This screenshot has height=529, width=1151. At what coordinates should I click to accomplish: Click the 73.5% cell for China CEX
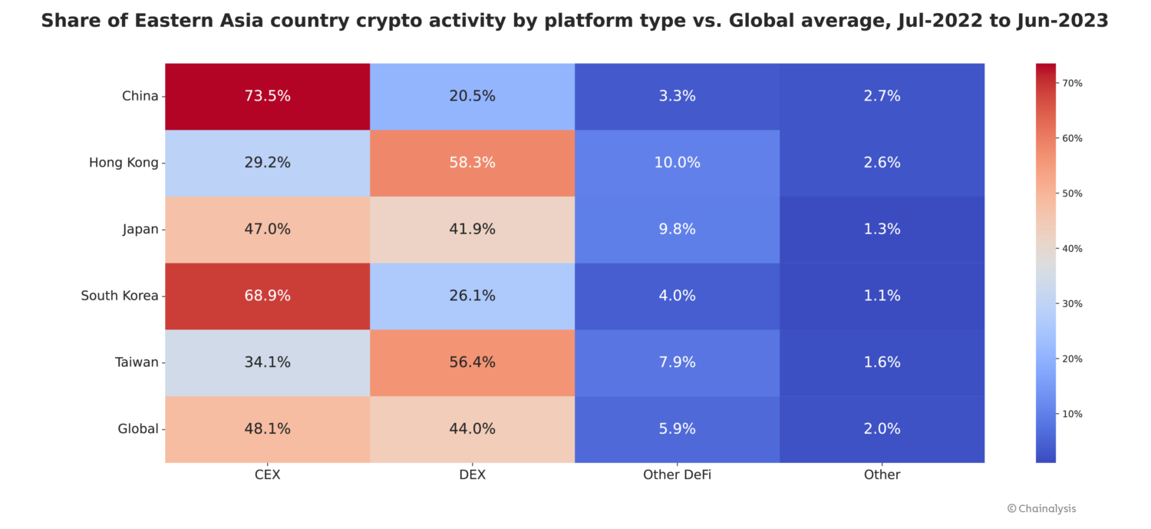267,96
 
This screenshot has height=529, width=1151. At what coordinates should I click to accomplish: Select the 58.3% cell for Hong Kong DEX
472,163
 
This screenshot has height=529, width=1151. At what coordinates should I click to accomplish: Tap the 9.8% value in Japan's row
677,229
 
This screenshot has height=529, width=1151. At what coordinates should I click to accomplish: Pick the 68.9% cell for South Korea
267,296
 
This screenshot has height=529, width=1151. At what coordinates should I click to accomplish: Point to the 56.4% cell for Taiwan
472,362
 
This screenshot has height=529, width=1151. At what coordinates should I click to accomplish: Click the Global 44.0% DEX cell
472,429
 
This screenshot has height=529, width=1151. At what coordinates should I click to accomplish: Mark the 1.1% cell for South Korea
882,296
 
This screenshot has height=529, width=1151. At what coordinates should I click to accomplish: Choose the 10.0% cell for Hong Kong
677,163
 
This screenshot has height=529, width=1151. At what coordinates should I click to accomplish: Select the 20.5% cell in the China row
472,96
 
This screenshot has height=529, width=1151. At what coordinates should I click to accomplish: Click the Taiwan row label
136,362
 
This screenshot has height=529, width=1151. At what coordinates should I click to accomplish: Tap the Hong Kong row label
124,163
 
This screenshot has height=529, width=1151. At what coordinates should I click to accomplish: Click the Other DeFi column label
677,475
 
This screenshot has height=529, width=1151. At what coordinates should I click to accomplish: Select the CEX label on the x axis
267,475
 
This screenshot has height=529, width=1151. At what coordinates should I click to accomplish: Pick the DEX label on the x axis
472,475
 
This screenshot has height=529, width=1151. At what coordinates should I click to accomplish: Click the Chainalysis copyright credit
1041,508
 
